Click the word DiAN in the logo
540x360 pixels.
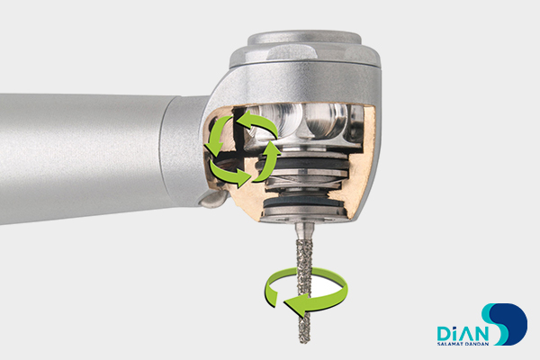click(463, 334)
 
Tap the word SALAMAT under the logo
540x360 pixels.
click(449, 344)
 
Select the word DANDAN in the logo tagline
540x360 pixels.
click(476, 344)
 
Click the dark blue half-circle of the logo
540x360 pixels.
click(514, 324)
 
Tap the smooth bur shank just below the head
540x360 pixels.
click(304, 229)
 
